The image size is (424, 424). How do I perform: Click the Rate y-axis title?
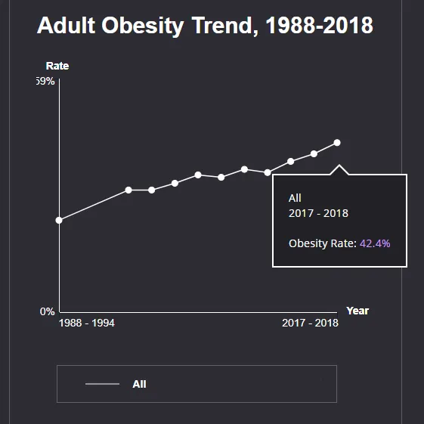(x=57, y=66)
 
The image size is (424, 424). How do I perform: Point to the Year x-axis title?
(x=357, y=311)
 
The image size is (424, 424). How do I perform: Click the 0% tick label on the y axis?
(x=47, y=311)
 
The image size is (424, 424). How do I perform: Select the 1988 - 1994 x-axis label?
(x=86, y=323)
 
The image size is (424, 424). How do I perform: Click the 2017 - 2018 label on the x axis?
(x=310, y=323)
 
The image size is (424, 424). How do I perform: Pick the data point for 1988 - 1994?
(x=59, y=220)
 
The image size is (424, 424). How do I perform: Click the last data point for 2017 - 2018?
(x=337, y=143)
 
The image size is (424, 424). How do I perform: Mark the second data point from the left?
(x=128, y=190)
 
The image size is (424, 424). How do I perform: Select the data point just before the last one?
(x=314, y=154)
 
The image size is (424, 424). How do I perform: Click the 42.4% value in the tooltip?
(x=375, y=243)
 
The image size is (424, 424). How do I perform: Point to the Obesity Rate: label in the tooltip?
(x=322, y=243)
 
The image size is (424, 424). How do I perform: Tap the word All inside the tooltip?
(x=295, y=198)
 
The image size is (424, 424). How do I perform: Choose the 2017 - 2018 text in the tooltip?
(x=318, y=213)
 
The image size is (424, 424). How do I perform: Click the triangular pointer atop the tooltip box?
(x=339, y=169)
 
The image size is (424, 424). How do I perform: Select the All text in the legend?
(x=139, y=384)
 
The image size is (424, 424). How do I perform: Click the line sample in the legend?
(x=102, y=384)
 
